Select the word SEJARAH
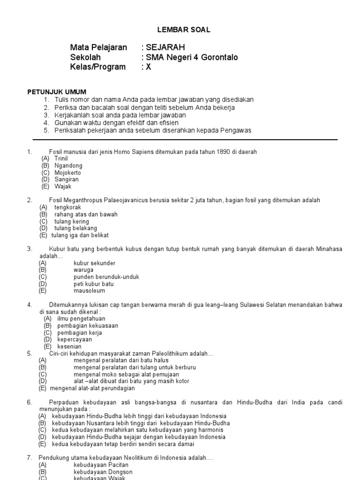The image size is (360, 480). [165, 47]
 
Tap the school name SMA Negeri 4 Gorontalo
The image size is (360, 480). [192, 57]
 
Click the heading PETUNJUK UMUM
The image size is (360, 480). [57, 91]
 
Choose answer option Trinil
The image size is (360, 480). [61, 158]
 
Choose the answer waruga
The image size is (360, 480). [83, 270]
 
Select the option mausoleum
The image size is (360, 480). [89, 291]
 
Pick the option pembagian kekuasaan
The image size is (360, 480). [88, 325]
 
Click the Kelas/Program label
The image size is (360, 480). [98, 67]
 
